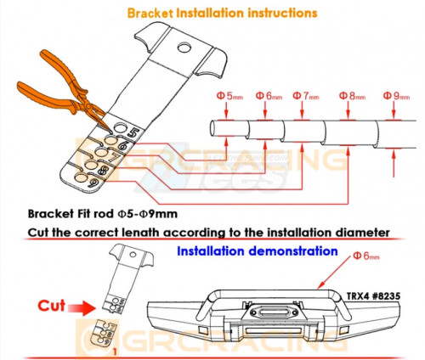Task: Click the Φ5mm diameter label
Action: point(229,96)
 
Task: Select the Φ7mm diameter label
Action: point(306,96)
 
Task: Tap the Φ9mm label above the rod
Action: point(396,96)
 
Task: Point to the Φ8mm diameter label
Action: point(352,96)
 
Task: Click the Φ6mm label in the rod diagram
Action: point(269,96)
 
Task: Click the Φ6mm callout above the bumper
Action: point(366,256)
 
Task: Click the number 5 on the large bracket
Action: point(134,132)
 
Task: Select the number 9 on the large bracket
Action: point(94,183)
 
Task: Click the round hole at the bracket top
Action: point(184,48)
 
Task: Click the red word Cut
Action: point(52,306)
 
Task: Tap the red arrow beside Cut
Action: point(82,308)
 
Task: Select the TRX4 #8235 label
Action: point(373,296)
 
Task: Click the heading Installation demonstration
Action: point(258,251)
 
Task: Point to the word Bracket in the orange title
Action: point(150,14)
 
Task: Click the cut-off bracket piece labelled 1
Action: point(104,333)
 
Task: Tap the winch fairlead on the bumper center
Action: point(274,312)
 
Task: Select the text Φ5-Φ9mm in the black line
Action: point(148,214)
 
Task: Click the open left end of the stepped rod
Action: point(213,128)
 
